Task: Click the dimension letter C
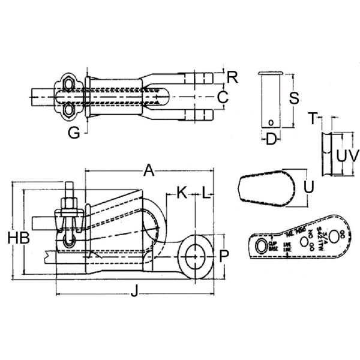pyautogui.click(x=223, y=96)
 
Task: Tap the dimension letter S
pyautogui.click(x=294, y=99)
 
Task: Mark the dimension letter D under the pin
pyautogui.click(x=271, y=140)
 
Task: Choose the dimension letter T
pyautogui.click(x=312, y=118)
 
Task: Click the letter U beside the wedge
pyautogui.click(x=309, y=187)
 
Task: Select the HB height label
pyautogui.click(x=19, y=238)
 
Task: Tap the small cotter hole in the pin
pyautogui.click(x=271, y=123)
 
